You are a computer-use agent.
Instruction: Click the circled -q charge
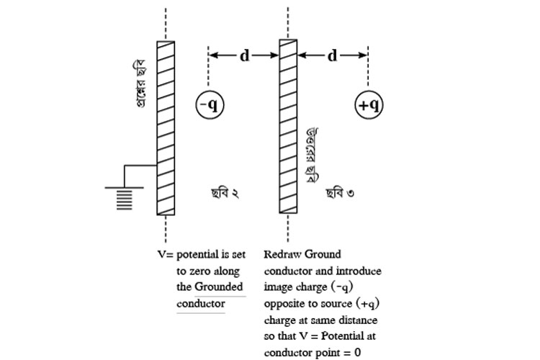(210, 105)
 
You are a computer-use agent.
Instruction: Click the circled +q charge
(369, 105)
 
